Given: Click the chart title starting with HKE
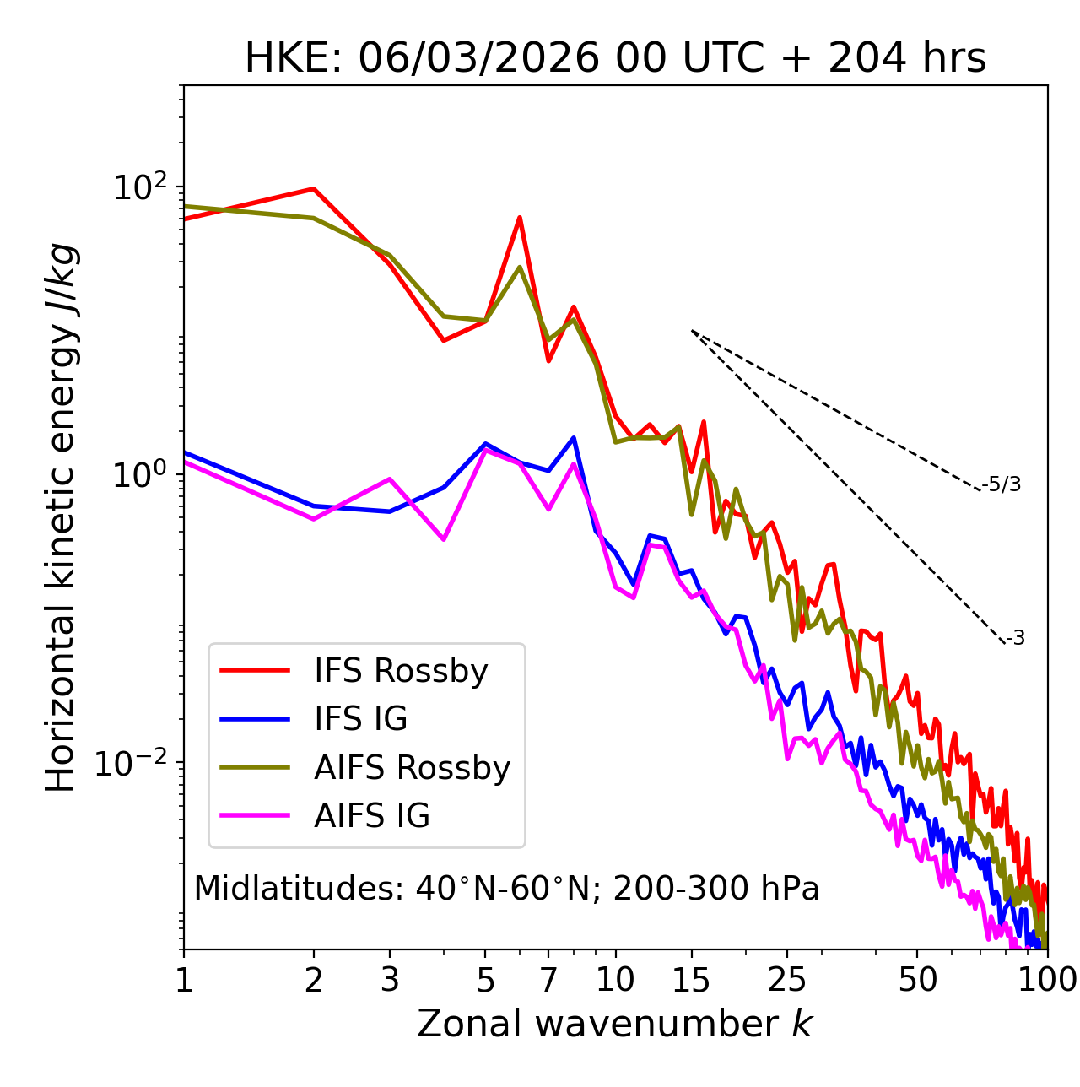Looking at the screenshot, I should click(x=615, y=59).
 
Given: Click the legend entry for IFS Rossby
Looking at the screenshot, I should click(x=401, y=671).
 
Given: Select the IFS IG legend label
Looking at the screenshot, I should click(x=360, y=719).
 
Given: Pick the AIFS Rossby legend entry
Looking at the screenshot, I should click(x=412, y=768).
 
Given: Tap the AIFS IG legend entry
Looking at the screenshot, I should click(x=371, y=816).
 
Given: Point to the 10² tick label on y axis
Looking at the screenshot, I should click(x=139, y=187).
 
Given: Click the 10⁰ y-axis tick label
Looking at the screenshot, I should click(x=139, y=475).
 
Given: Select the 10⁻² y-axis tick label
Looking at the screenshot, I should click(x=135, y=763).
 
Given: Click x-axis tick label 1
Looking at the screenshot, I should click(x=184, y=980).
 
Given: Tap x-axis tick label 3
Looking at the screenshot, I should click(x=390, y=980).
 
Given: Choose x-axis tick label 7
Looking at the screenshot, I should click(x=548, y=980).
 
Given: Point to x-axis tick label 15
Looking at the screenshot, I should click(x=691, y=980).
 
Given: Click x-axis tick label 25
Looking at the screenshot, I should click(x=786, y=980).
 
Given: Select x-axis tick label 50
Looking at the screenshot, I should click(x=917, y=980).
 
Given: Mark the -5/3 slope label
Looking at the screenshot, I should click(x=1002, y=484).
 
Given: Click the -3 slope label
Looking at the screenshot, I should click(x=1015, y=639).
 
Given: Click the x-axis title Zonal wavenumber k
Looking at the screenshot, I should click(x=615, y=1024).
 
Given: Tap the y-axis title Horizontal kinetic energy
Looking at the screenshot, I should click(x=61, y=517).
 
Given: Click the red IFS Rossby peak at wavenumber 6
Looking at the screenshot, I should click(x=520, y=218).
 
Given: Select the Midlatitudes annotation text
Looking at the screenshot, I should click(x=506, y=889).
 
